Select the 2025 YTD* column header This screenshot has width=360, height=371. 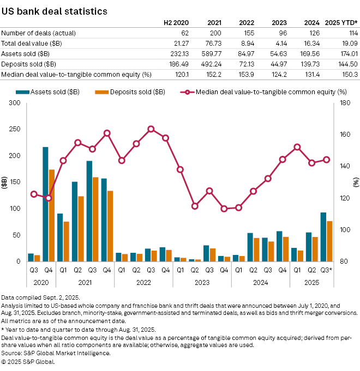tap(341, 23)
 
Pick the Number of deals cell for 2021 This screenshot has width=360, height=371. tap(215, 33)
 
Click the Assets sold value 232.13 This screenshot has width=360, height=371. tap(179, 53)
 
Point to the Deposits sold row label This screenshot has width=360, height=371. tap(34, 64)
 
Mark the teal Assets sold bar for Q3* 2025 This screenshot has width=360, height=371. tap(323, 237)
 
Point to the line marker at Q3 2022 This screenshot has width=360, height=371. tap(151, 129)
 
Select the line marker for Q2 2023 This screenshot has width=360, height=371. tap(195, 206)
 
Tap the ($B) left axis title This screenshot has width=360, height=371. tap(4, 182)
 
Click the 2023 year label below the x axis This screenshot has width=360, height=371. tap(202, 283)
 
